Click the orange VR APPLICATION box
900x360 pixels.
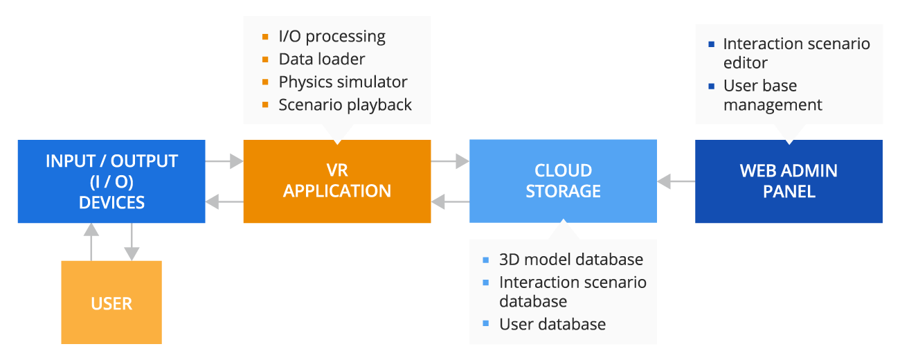[x=337, y=181]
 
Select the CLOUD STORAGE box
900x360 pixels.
[x=563, y=181]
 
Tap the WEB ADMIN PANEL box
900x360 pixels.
[x=789, y=181]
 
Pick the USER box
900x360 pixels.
[x=111, y=303]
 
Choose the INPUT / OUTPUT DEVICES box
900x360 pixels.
[x=111, y=181]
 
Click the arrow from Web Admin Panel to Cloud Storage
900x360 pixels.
[x=676, y=181]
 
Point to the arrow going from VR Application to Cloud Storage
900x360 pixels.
[x=450, y=161]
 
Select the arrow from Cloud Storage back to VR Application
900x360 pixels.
[x=450, y=202]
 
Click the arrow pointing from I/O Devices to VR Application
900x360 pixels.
[x=224, y=161]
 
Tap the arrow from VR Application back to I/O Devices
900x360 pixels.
[x=224, y=202]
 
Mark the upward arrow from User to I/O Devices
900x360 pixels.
[x=91, y=242]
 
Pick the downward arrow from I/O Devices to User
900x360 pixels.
[x=132, y=242]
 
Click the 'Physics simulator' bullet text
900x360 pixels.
[x=343, y=82]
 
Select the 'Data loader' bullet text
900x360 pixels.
[x=321, y=59]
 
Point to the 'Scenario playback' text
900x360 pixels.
[x=345, y=105]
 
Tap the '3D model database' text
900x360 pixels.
[x=571, y=259]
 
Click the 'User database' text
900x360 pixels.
[x=552, y=324]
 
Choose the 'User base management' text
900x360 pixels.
[x=773, y=95]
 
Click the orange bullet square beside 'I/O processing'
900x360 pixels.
[x=265, y=37]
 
